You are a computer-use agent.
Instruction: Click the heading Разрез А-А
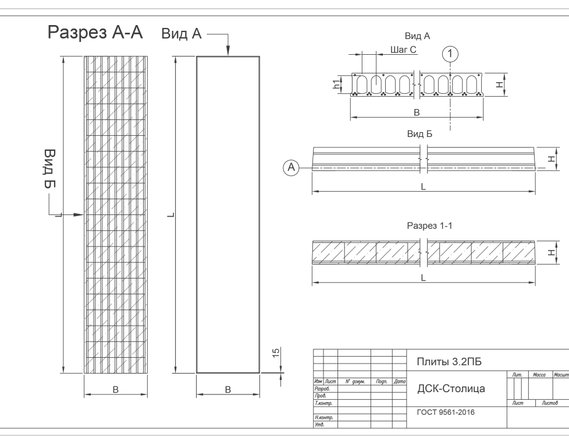click(95, 33)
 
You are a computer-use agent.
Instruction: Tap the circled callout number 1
click(450, 54)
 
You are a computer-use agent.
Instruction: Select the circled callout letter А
click(291, 168)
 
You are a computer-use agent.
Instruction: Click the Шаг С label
click(403, 50)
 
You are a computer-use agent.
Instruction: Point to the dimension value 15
click(276, 353)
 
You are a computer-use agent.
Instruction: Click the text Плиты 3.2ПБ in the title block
click(449, 362)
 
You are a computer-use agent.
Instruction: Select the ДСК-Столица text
click(451, 389)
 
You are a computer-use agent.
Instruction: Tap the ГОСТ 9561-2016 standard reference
click(446, 412)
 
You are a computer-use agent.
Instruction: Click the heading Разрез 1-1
click(429, 225)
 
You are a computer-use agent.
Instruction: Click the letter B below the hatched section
click(115, 389)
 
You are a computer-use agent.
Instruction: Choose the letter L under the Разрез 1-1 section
click(423, 279)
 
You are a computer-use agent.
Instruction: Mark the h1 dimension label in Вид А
click(337, 85)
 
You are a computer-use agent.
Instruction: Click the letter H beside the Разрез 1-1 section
click(549, 252)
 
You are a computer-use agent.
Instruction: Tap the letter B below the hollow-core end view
click(417, 112)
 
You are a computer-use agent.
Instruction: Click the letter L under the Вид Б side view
click(423, 187)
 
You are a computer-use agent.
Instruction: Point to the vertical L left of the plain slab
click(169, 216)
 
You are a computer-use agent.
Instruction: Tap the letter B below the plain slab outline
click(227, 389)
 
